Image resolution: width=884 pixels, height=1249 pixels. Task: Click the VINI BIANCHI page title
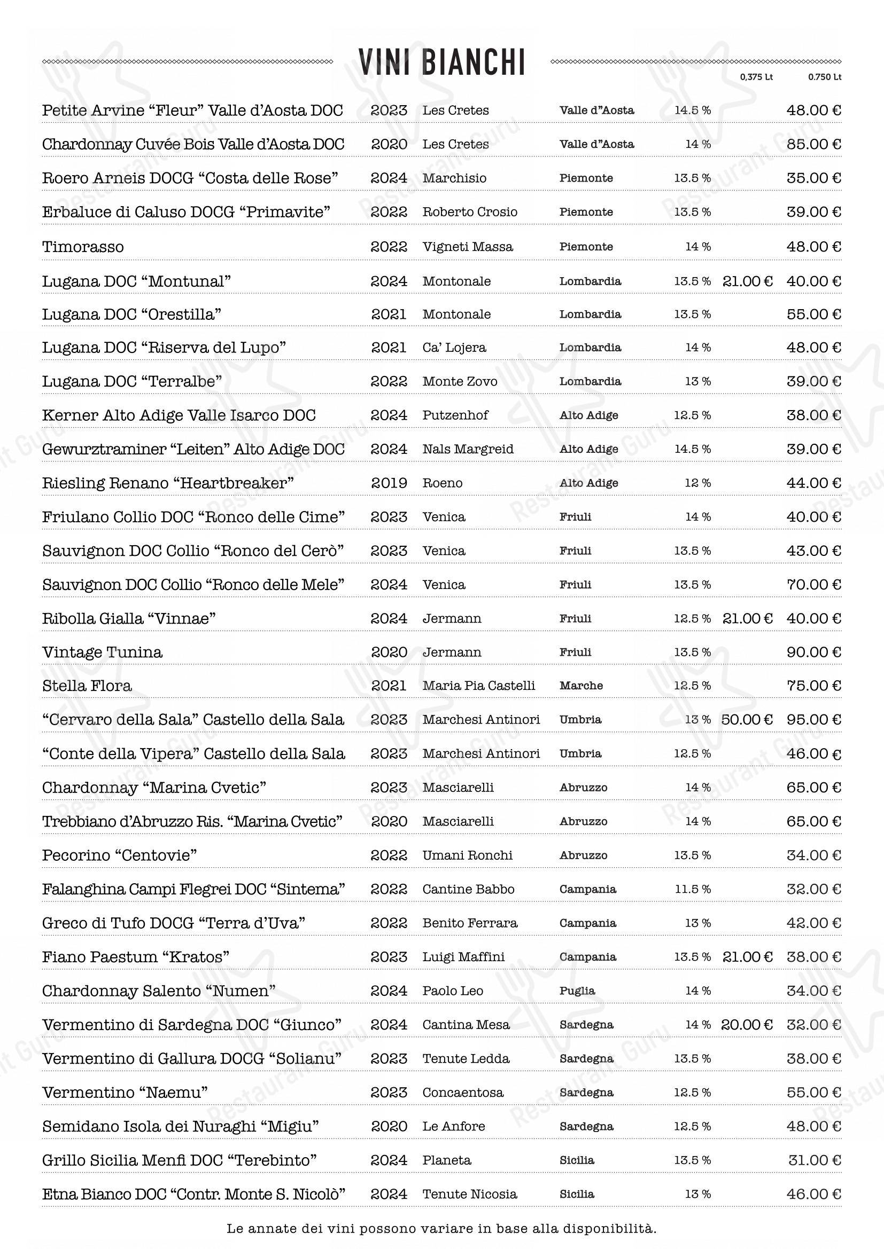point(441,62)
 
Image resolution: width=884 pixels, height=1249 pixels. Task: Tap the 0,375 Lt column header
point(756,77)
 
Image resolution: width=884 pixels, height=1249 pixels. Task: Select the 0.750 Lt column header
point(824,77)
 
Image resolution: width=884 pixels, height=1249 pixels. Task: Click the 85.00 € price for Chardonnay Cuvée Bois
point(813,144)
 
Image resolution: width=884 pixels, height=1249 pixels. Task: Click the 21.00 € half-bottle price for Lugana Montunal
point(747,281)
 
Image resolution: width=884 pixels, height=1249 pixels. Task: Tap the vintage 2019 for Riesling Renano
point(389,483)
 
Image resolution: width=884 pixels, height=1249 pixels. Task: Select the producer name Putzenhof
point(455,415)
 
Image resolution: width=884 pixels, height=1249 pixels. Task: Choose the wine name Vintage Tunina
point(102,652)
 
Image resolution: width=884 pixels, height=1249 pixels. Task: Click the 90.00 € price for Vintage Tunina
point(813,652)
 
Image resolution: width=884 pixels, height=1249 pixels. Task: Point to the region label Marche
point(581,686)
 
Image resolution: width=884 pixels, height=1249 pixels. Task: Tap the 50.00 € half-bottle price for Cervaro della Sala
point(747,720)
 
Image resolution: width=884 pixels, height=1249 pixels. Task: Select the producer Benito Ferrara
point(469,923)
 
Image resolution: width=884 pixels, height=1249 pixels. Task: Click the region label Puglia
point(577,991)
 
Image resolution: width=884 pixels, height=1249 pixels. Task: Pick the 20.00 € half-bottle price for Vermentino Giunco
point(747,1025)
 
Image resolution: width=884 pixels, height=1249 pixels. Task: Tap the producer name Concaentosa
point(463,1093)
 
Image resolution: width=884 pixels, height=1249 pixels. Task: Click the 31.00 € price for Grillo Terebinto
point(815,1160)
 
